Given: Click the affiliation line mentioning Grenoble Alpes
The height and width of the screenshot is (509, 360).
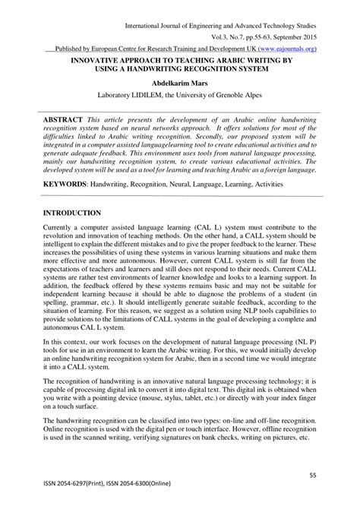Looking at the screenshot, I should point(180,97).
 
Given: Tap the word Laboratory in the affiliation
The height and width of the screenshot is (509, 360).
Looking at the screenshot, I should point(122,97).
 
